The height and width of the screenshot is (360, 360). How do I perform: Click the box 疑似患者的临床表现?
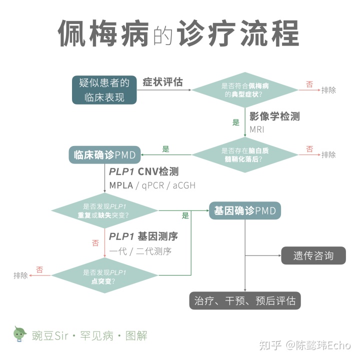(104, 90)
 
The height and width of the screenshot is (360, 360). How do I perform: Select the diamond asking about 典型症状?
(244, 90)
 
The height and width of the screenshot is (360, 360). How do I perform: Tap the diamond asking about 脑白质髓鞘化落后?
(244, 154)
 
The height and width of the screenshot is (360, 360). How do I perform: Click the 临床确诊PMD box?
(104, 155)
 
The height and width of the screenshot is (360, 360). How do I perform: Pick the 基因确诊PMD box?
(244, 210)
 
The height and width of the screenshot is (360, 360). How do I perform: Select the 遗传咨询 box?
(313, 255)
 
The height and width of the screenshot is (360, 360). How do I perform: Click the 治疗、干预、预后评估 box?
(244, 300)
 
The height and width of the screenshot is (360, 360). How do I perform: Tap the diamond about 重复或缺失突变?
(104, 210)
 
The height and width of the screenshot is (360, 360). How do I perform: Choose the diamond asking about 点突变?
(104, 276)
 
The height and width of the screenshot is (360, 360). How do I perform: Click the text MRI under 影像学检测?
(257, 129)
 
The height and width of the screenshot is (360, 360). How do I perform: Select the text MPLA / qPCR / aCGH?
(152, 185)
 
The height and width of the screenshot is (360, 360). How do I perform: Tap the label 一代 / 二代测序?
(143, 251)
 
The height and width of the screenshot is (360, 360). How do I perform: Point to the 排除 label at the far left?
(20, 275)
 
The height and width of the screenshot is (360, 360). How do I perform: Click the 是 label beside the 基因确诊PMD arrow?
(185, 216)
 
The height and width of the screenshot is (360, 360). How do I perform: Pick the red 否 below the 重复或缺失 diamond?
(95, 243)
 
